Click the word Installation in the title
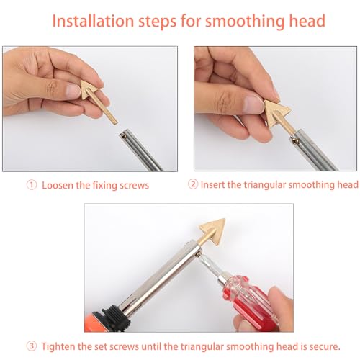pos(93,21)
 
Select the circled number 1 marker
pos(32,185)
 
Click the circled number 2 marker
pos(193,184)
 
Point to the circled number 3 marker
pos(32,346)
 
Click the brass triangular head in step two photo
pos(276,112)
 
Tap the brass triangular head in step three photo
pos(213,230)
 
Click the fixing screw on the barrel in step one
pos(123,136)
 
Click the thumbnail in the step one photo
pos(73,91)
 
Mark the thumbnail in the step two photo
pos(254,105)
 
